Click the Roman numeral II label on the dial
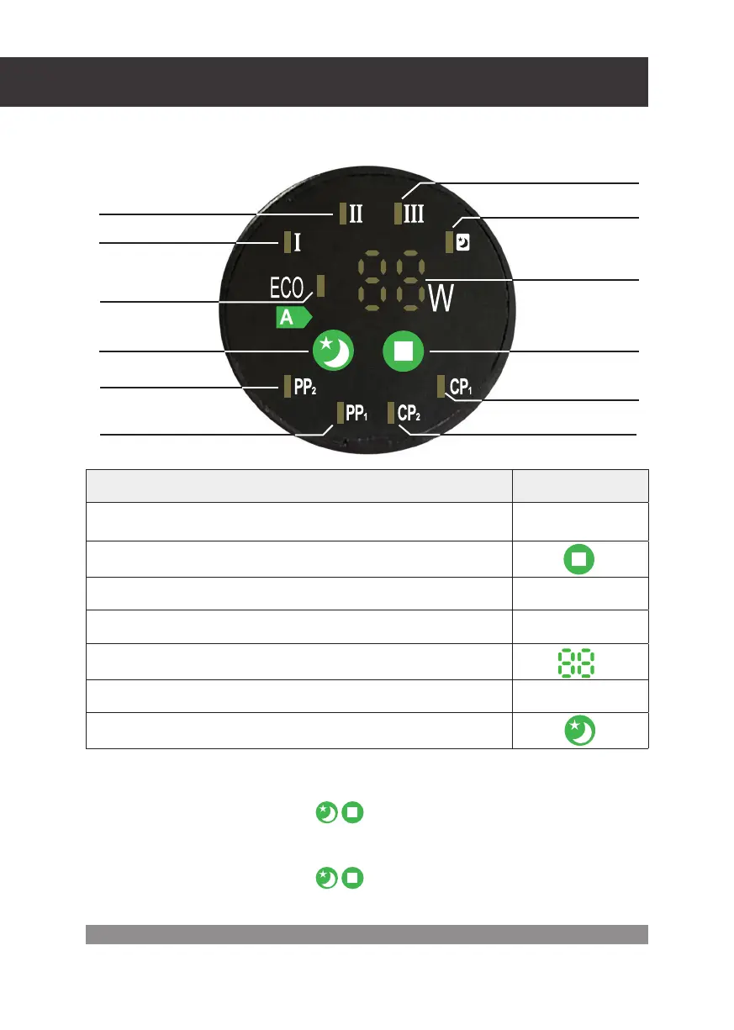coord(356,213)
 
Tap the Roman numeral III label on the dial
coord(414,213)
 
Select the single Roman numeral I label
coord(297,243)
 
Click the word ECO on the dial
coord(291,288)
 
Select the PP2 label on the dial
coord(305,388)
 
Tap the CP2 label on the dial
coord(409,413)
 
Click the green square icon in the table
coord(581,558)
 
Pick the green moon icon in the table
coord(581,731)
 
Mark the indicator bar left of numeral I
coord(288,243)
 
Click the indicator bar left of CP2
coord(391,413)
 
